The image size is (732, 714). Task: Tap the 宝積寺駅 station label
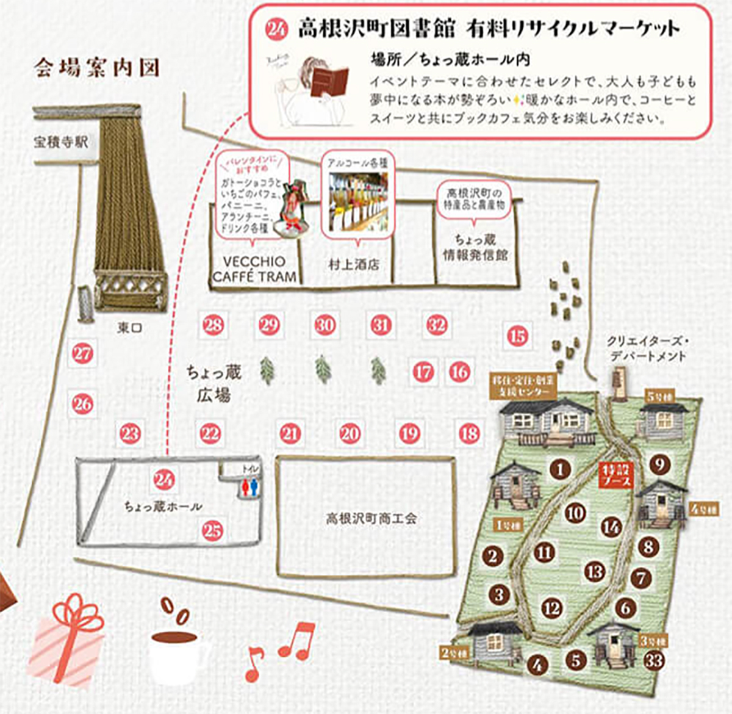[61, 142]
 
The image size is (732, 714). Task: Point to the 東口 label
[129, 328]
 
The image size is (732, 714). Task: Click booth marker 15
[517, 336]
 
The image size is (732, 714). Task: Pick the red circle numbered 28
[213, 325]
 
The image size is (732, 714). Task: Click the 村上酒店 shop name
[354, 265]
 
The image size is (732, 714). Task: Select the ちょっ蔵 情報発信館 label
[475, 248]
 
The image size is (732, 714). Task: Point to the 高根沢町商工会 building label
[371, 519]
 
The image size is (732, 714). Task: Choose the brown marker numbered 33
[654, 661]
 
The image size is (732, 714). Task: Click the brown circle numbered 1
[559, 469]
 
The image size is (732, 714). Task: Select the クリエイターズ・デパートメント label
[647, 348]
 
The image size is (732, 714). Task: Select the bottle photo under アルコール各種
[358, 202]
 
